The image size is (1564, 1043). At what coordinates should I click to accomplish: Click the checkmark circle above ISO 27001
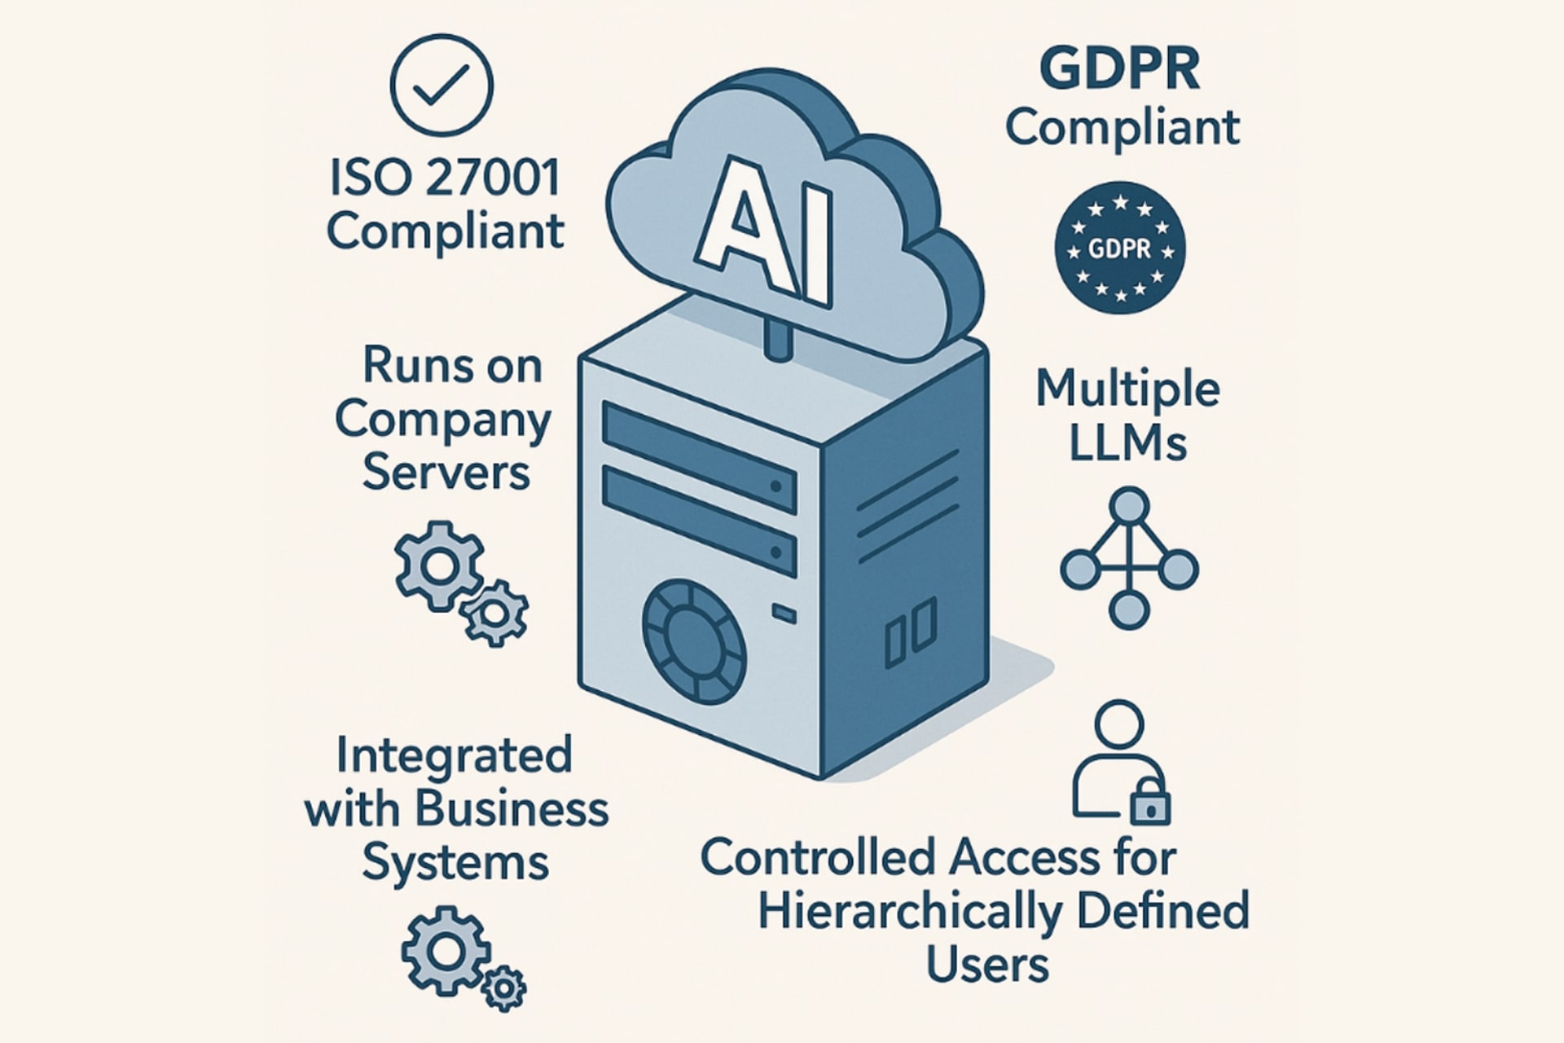click(x=441, y=85)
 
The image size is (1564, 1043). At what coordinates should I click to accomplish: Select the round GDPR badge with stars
click(x=1120, y=248)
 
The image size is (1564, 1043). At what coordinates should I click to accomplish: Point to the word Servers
click(x=446, y=472)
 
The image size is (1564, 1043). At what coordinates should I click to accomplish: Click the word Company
click(x=443, y=420)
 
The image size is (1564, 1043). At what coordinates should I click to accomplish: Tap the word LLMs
click(x=1127, y=443)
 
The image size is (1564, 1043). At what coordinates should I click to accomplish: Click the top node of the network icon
click(x=1128, y=506)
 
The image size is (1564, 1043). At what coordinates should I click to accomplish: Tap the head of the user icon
click(x=1119, y=724)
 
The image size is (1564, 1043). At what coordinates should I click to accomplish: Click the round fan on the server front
click(x=694, y=641)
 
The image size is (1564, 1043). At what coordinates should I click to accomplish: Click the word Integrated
click(x=454, y=755)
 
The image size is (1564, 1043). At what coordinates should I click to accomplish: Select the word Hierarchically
click(x=910, y=911)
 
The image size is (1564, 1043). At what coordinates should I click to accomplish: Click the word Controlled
click(x=818, y=858)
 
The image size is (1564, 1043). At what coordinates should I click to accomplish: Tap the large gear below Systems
click(x=446, y=950)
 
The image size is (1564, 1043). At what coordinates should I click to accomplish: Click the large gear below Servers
click(x=439, y=566)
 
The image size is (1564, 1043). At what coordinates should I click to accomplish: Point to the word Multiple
click(x=1127, y=389)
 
